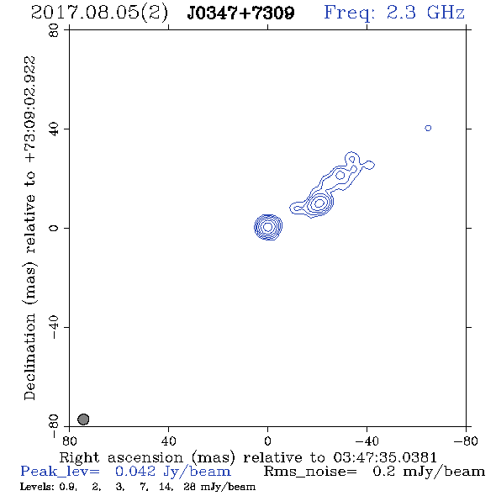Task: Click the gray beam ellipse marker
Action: pos(83,419)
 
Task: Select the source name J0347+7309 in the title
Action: pos(240,13)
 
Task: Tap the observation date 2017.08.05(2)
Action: pos(99,13)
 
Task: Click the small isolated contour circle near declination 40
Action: pos(428,128)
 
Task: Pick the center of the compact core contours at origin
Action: pos(268,227)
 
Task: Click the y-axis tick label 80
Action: pos(54,30)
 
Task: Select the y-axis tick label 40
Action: pos(54,129)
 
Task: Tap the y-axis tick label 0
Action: pos(54,228)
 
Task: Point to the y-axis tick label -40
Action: pos(54,327)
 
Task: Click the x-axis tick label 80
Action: pos(70,441)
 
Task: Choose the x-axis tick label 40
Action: pos(169,441)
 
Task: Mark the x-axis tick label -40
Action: pos(367,441)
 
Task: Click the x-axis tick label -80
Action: pos(466,441)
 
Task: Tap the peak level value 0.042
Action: pos(135,472)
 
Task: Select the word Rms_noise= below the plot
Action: pos(310,472)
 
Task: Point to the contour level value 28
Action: pos(189,487)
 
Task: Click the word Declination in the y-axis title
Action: pos(29,356)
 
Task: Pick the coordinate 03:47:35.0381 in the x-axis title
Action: pos(385,457)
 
